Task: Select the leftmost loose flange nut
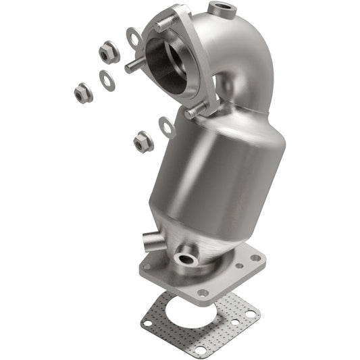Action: (x=83, y=94)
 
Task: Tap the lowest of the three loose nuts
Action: (x=143, y=140)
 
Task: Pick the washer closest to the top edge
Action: (x=134, y=37)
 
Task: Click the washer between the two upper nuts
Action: (x=107, y=78)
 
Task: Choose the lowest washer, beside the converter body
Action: (x=167, y=126)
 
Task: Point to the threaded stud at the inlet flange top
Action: (x=163, y=26)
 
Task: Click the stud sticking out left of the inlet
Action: (x=131, y=67)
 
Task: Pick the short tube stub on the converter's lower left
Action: (x=150, y=240)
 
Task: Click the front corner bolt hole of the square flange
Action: (x=203, y=292)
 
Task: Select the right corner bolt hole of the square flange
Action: (x=255, y=257)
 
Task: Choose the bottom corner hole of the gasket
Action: (x=200, y=350)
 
